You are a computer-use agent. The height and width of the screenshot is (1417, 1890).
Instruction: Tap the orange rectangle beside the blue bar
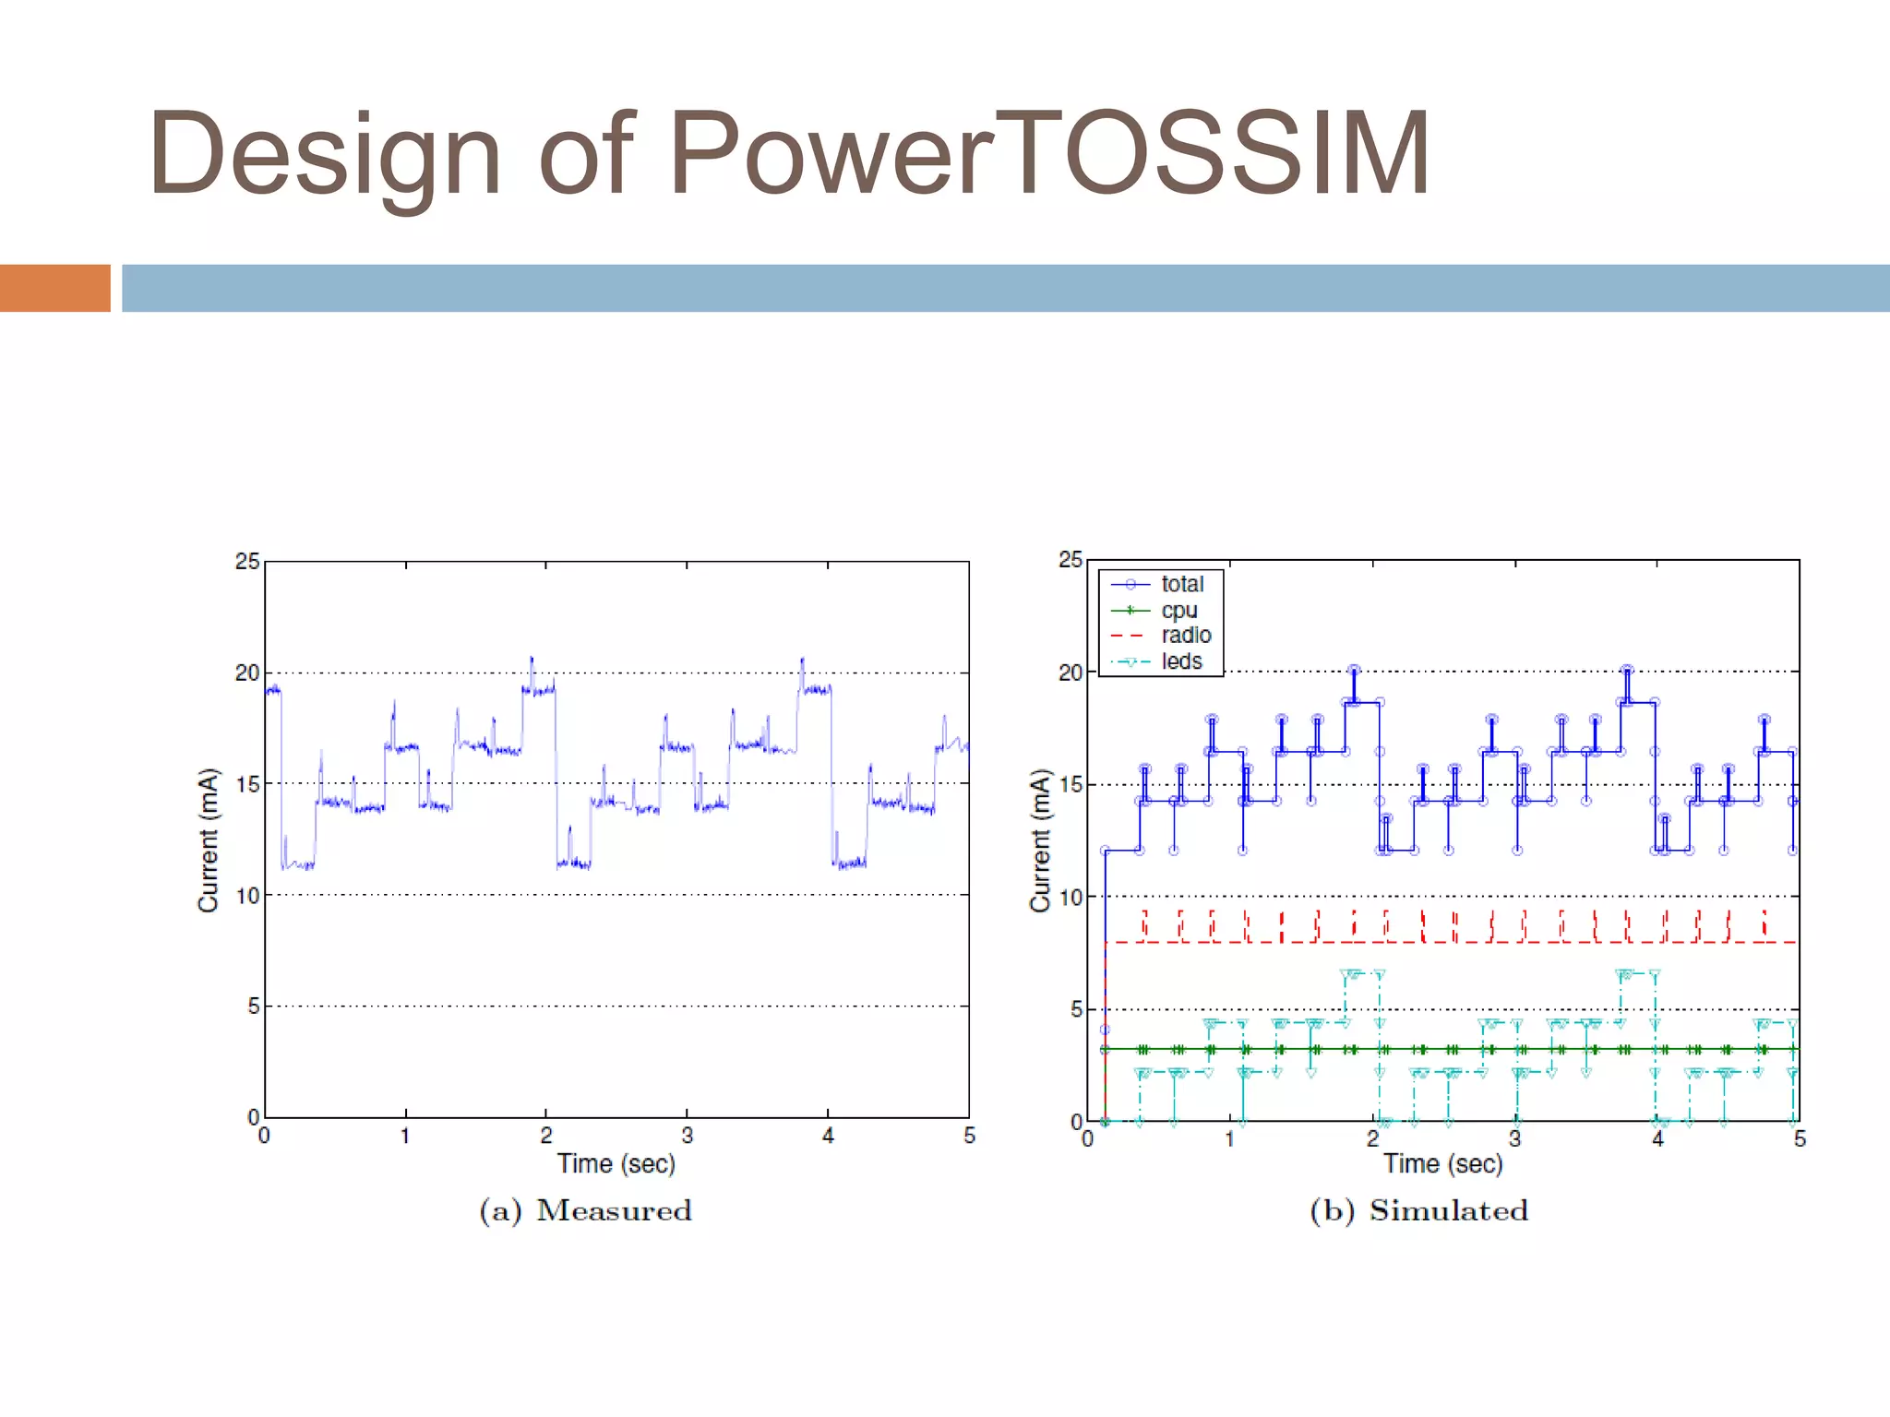tap(54, 288)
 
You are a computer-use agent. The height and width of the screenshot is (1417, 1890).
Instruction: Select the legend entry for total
tap(1181, 584)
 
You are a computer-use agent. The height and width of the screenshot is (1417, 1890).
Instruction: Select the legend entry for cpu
tap(1178, 610)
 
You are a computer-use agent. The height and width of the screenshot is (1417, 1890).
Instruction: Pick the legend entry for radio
tap(1185, 636)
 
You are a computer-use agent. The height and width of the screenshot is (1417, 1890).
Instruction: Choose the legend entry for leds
tap(1181, 661)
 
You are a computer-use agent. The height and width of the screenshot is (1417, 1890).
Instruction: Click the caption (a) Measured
tap(585, 1210)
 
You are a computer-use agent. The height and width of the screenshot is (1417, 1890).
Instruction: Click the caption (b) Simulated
tap(1418, 1210)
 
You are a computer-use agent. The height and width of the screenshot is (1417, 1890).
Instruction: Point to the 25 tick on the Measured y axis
tap(247, 561)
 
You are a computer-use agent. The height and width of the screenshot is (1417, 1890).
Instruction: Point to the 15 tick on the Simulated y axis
tap(1071, 785)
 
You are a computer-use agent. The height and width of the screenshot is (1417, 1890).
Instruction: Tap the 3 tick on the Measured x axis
tap(687, 1136)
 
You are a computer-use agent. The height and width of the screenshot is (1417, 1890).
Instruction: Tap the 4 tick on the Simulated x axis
tap(1657, 1139)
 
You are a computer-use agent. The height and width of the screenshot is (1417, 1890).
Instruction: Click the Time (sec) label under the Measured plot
tap(616, 1164)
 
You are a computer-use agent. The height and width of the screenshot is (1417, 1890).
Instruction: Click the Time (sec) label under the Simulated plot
tap(1442, 1164)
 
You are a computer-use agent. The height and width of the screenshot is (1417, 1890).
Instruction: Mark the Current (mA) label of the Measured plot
tap(209, 840)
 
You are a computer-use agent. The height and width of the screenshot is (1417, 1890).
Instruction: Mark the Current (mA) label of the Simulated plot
tap(1041, 840)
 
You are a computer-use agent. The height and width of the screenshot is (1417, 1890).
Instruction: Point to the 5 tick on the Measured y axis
tap(253, 1006)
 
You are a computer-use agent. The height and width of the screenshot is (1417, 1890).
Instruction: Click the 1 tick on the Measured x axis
tap(405, 1136)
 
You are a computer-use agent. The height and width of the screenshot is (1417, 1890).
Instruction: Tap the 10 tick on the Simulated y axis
tap(1071, 897)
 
